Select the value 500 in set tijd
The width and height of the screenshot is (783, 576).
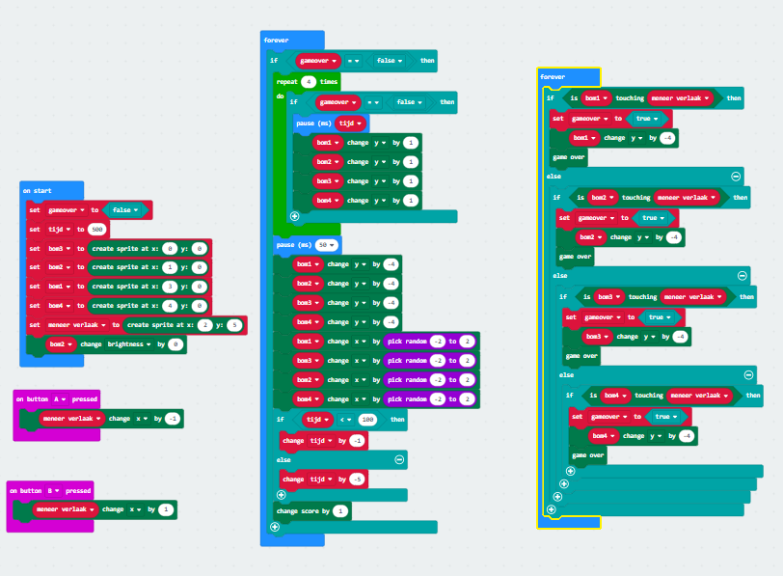[x=97, y=229]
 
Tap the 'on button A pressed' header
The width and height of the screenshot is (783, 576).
[x=54, y=398]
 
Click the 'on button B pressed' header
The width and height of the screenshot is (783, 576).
[x=48, y=490]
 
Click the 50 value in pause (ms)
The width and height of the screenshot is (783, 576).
[x=323, y=245]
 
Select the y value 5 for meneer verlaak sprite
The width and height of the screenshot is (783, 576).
[x=232, y=325]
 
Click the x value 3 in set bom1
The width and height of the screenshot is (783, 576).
[x=170, y=287]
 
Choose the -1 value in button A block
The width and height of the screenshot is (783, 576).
[x=172, y=418]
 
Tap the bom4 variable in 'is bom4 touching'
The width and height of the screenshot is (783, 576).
[x=614, y=395]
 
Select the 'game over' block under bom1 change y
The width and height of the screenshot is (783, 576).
[x=568, y=156]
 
